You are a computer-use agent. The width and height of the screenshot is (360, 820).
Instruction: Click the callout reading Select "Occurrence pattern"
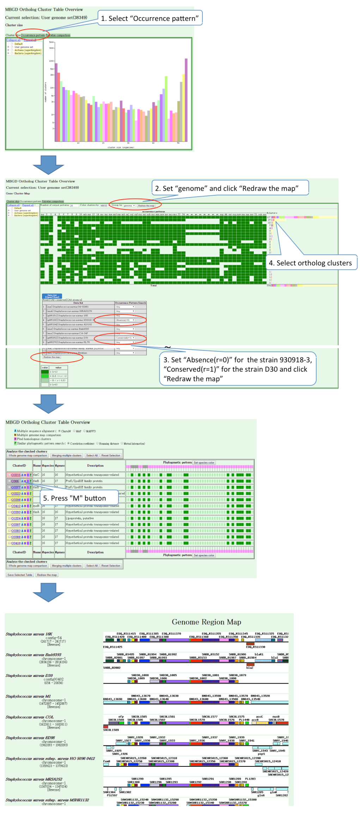[150, 18]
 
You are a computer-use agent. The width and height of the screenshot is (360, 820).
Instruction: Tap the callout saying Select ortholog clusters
[310, 263]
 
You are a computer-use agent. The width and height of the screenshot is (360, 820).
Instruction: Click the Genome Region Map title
[206, 622]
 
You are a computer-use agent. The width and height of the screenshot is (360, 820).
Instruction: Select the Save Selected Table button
[20, 575]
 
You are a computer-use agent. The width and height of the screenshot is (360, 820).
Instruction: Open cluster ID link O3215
[16, 475]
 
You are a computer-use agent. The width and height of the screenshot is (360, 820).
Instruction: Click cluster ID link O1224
[16, 518]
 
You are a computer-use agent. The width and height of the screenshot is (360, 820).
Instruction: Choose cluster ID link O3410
[16, 543]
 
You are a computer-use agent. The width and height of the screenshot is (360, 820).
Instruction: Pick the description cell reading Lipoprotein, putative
[80, 518]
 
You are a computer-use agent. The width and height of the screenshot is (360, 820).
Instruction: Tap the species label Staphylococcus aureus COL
[30, 717]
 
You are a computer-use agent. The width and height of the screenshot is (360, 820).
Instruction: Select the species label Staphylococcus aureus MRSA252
[34, 779]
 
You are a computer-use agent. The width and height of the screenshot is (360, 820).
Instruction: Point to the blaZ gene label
[250, 668]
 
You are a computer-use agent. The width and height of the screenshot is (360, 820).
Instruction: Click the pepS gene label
[261, 754]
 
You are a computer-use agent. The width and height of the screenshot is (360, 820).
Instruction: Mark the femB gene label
[106, 761]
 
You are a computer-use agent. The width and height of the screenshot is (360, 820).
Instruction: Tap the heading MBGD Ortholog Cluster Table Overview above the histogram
[44, 10]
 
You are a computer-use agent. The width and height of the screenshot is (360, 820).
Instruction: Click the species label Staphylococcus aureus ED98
[30, 738]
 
